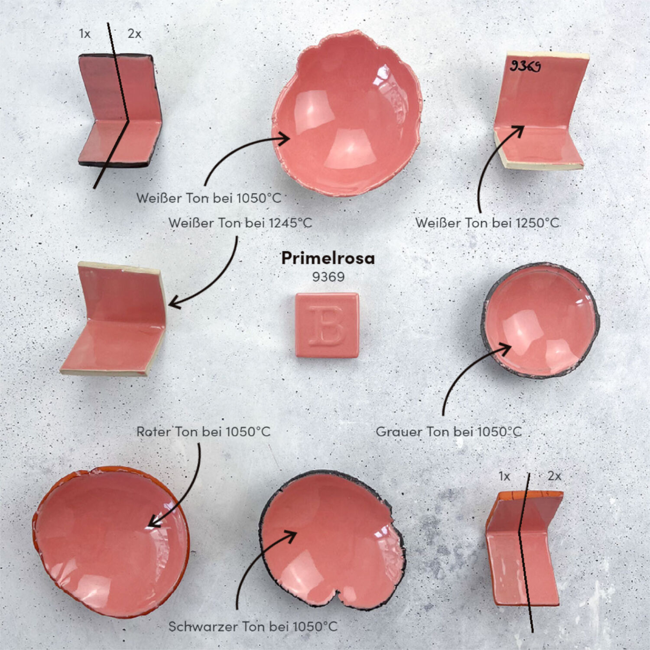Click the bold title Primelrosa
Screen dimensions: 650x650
pos(328,258)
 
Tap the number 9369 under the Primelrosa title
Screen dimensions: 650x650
pos(328,277)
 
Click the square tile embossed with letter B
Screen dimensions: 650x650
pos(327,325)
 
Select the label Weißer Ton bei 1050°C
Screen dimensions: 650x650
pos(209,198)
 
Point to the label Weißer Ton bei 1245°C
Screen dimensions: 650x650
pos(240,223)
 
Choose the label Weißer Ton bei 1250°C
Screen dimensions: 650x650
pos(487,223)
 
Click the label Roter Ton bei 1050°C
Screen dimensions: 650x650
pos(203,432)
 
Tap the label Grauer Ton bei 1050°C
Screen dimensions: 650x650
pos(449,432)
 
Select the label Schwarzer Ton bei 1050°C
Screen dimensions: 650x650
pos(253,626)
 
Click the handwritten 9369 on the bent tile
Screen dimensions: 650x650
pos(525,66)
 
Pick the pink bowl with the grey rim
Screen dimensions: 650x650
pos(541,321)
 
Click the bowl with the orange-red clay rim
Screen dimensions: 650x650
pos(111,542)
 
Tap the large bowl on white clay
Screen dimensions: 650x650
pos(347,114)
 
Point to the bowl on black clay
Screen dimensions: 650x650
pos(332,539)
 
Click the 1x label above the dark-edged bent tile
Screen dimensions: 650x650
pos(85,34)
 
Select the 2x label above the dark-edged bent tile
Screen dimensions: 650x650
pos(134,34)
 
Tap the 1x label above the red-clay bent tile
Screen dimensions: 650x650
pos(504,476)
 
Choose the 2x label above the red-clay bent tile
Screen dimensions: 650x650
pos(554,476)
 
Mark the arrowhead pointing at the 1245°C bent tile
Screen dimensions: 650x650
pos(174,302)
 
